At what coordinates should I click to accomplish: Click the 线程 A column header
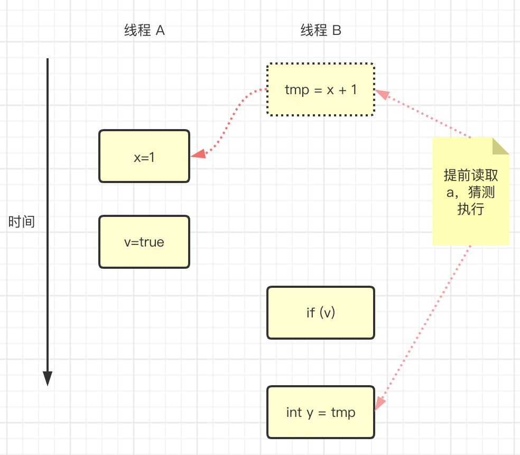(x=144, y=31)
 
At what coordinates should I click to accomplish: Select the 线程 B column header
(x=321, y=31)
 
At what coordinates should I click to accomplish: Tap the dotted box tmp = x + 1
(x=321, y=90)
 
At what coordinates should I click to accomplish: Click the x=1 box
(x=144, y=157)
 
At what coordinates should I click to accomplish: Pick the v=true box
(x=144, y=242)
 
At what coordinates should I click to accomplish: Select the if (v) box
(x=321, y=313)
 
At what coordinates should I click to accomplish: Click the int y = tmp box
(x=321, y=412)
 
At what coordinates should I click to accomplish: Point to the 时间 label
(x=22, y=222)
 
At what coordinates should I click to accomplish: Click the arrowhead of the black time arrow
(x=48, y=378)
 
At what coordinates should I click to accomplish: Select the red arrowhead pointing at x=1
(x=198, y=154)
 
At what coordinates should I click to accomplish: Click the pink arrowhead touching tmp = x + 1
(x=382, y=95)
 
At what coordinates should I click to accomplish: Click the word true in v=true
(x=152, y=242)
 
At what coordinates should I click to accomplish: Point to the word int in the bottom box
(x=294, y=412)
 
